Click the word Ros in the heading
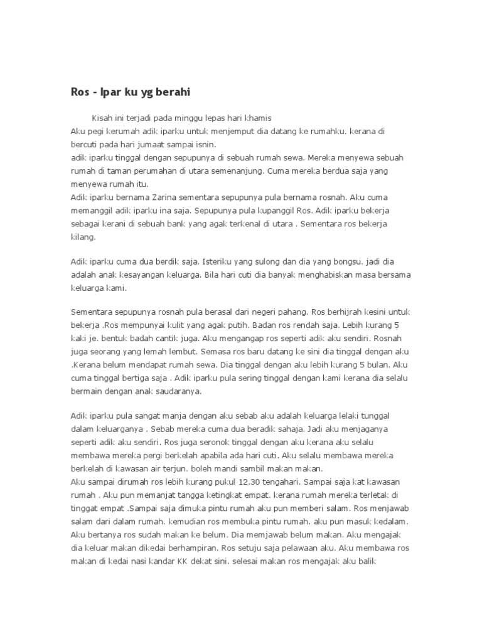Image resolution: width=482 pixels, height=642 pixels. click(80, 92)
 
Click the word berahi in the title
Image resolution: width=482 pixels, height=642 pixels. click(171, 92)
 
